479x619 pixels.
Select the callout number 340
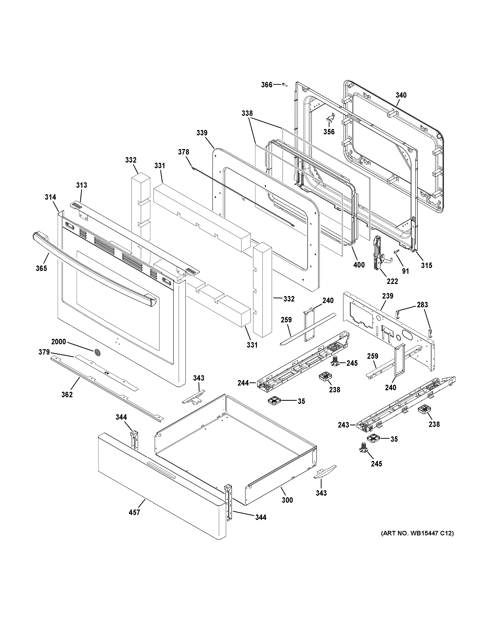[401, 95]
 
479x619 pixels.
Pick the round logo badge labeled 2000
[97, 352]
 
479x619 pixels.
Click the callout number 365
[41, 268]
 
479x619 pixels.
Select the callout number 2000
[59, 342]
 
